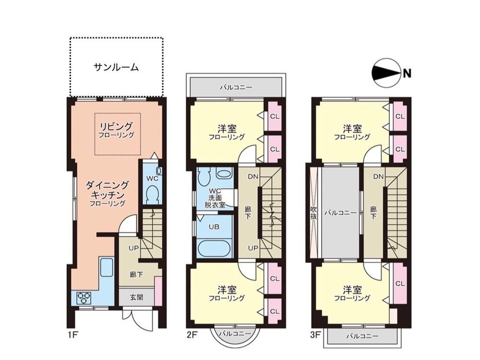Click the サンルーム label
point(116,67)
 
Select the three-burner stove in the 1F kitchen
point(84,298)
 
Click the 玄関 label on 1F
point(136,297)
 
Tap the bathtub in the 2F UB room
point(214,249)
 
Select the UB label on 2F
point(214,227)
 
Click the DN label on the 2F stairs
point(253,177)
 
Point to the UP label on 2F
point(253,248)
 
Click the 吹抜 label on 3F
point(313,213)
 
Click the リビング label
point(116,126)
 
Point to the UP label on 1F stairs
point(134,248)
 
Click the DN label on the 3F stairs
point(379,177)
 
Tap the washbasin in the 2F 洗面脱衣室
point(224,174)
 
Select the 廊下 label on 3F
point(373,213)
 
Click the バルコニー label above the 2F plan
point(236,87)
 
